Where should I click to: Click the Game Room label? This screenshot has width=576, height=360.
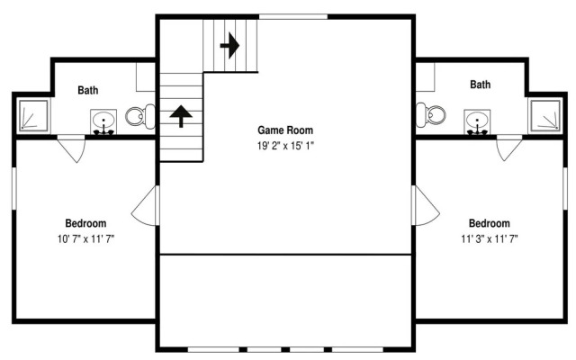(x=285, y=130)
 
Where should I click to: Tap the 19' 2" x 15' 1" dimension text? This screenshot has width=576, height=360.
(x=285, y=146)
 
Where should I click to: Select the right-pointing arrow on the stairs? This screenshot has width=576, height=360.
(x=230, y=46)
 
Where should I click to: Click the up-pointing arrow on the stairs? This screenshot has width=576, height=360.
(x=181, y=116)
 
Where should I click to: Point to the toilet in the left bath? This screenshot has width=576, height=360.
(x=140, y=116)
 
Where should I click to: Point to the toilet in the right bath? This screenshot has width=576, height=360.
(x=431, y=114)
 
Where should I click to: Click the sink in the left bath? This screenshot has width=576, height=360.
(x=103, y=122)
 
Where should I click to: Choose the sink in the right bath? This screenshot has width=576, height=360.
(x=477, y=122)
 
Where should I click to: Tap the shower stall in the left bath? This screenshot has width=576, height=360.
(x=33, y=115)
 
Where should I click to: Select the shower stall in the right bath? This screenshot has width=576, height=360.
(x=545, y=115)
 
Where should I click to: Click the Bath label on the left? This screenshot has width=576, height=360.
(x=88, y=90)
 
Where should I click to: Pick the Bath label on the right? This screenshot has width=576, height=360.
(x=480, y=85)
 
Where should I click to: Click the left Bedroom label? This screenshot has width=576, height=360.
(x=85, y=223)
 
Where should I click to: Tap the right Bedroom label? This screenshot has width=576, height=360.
(x=490, y=223)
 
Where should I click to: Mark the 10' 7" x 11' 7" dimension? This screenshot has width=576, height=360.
(x=85, y=239)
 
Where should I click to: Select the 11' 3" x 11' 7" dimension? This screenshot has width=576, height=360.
(x=490, y=239)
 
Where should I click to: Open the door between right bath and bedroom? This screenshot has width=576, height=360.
(x=509, y=148)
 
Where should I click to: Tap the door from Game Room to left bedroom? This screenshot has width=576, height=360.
(x=146, y=205)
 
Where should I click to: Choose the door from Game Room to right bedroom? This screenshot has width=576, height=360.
(x=426, y=205)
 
